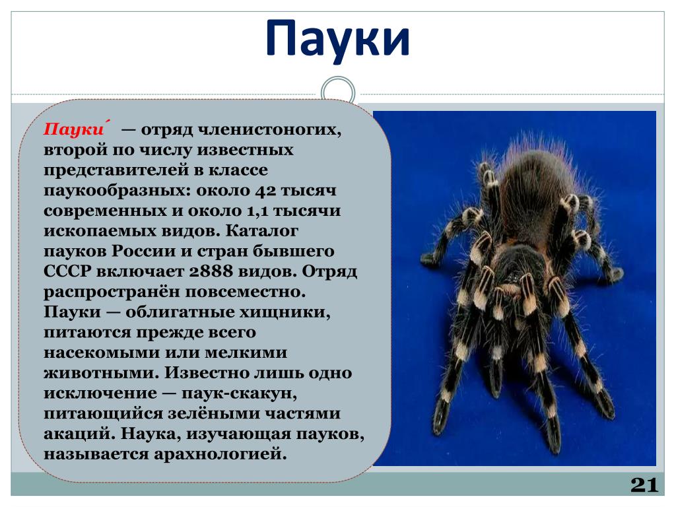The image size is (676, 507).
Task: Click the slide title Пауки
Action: tap(337, 39)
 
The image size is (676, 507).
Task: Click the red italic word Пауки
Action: tap(74, 129)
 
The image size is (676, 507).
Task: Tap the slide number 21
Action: tap(644, 485)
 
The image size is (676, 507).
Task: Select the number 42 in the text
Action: tap(265, 190)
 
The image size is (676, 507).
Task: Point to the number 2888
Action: tap(213, 271)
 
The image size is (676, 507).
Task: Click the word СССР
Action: tap(68, 271)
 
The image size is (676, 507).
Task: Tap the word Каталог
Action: tap(262, 230)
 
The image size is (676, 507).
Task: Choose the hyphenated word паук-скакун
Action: tap(239, 393)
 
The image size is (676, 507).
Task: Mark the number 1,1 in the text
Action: tap(258, 211)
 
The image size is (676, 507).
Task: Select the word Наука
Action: tap(151, 434)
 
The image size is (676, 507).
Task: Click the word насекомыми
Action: tap(102, 353)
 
